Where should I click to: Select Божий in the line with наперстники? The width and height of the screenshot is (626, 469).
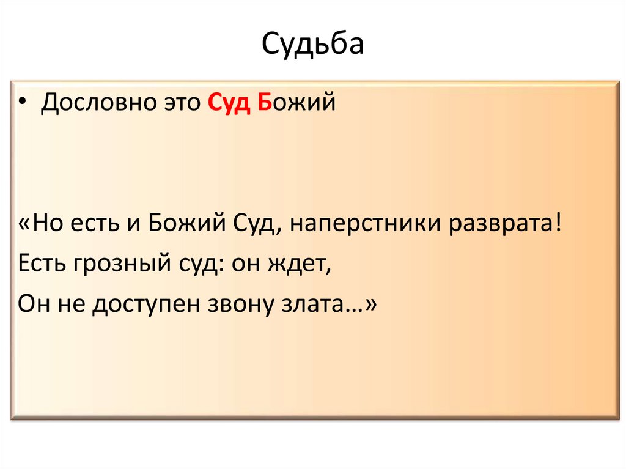[179, 224]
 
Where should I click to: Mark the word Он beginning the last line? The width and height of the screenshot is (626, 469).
[34, 303]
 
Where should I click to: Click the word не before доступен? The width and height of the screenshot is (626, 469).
[73, 303]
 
